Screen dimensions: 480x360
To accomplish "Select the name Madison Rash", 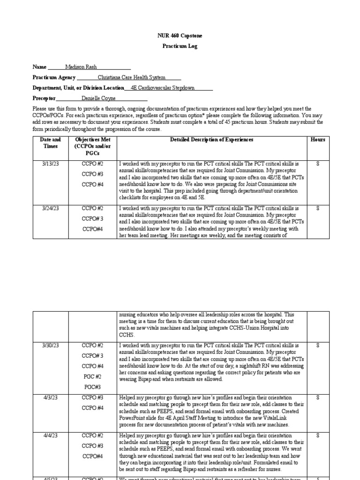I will (x=81, y=67).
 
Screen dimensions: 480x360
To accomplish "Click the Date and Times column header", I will (x=50, y=143).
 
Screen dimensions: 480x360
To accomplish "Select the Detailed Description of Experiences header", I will (x=211, y=140).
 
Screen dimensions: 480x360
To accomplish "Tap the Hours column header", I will (x=317, y=140).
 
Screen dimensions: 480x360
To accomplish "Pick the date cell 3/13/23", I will (x=50, y=164).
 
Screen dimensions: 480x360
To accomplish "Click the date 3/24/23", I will (x=50, y=208).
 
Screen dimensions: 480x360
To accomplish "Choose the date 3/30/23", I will (x=50, y=345).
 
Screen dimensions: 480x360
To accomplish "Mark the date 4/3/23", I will (x=50, y=397).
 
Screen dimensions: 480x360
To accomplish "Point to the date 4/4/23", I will (x=50, y=435).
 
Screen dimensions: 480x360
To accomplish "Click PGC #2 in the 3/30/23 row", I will (x=92, y=377).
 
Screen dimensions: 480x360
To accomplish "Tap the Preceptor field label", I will (x=44, y=98).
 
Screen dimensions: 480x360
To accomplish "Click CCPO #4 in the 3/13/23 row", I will (x=92, y=184).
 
